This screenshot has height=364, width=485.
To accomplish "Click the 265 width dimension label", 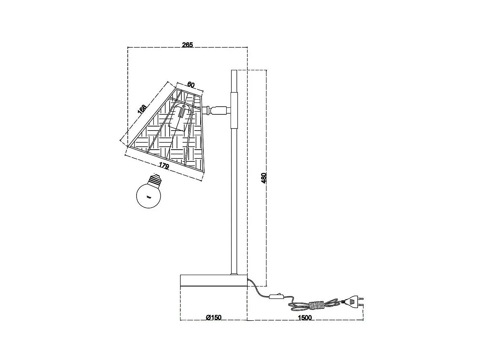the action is click(x=187, y=45).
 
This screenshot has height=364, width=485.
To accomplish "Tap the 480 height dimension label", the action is click(x=264, y=178).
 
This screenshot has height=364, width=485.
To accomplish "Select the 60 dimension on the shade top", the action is click(x=191, y=85).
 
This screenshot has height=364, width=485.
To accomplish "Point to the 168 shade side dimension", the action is click(x=142, y=109).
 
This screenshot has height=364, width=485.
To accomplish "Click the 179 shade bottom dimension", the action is click(x=164, y=165).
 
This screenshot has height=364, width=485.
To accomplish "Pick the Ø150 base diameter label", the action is click(x=214, y=318).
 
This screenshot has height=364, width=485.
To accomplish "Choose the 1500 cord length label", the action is click(x=305, y=318).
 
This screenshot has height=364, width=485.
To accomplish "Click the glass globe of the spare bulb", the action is click(x=148, y=196).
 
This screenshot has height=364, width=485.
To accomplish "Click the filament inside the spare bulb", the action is click(x=149, y=197).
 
